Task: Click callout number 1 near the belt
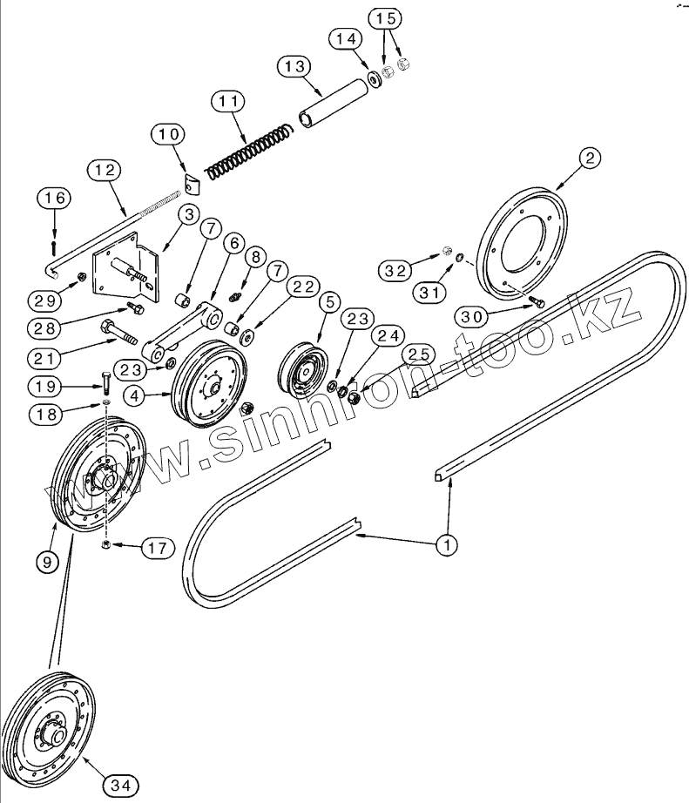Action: click(x=447, y=546)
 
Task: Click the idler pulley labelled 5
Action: click(x=302, y=370)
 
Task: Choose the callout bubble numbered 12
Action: click(x=103, y=172)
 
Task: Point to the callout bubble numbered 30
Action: click(x=471, y=317)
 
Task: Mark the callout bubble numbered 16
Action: click(x=54, y=199)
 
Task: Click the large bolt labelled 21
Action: click(x=119, y=333)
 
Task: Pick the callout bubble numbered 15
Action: click(x=385, y=18)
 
